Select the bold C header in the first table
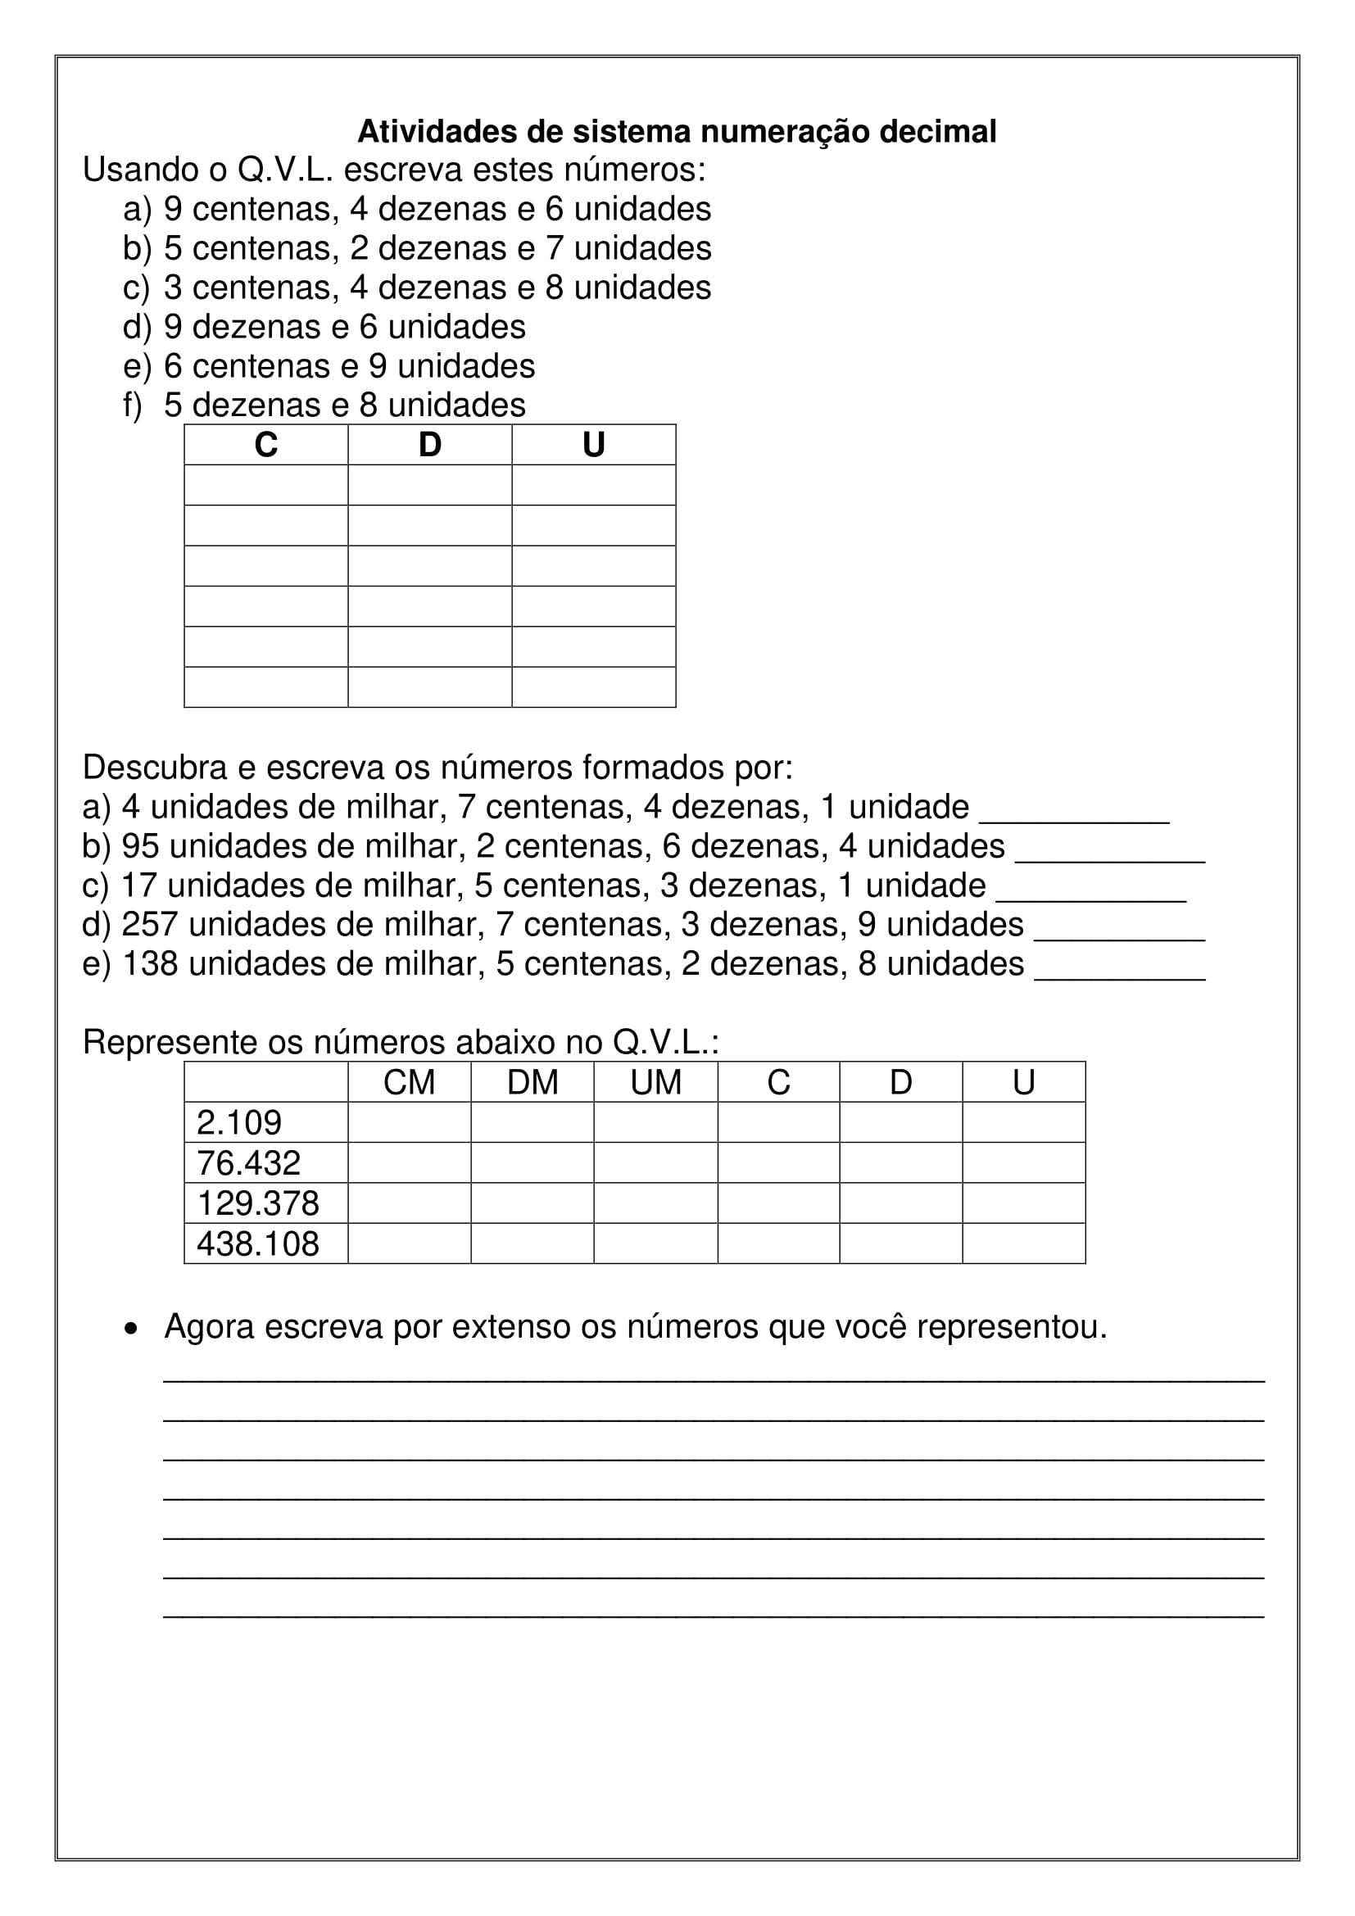(x=265, y=445)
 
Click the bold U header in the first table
(x=593, y=445)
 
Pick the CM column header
(x=409, y=1083)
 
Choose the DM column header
(x=532, y=1083)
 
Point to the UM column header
(x=656, y=1083)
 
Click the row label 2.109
(x=238, y=1123)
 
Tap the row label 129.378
(x=257, y=1203)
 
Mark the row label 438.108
(x=257, y=1244)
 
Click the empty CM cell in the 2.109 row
(x=409, y=1122)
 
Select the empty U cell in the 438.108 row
(x=1024, y=1243)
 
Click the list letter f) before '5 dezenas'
(x=133, y=405)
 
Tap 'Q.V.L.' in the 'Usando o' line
(x=285, y=170)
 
